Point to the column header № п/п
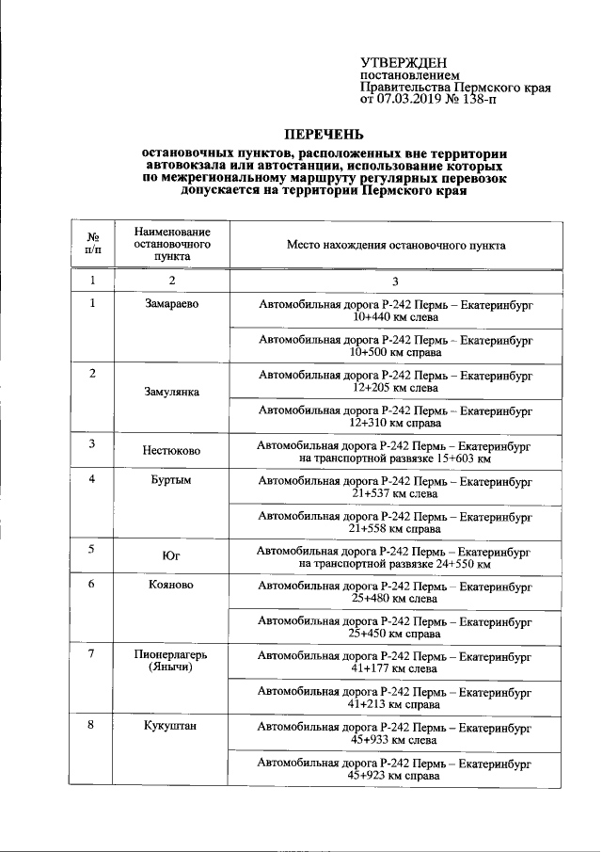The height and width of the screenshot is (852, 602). (x=93, y=244)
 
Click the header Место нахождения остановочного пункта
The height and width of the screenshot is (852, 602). (x=395, y=245)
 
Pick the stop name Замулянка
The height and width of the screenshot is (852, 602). (x=172, y=392)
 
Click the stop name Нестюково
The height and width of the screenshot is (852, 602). (x=172, y=451)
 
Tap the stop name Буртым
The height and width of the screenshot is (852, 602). (x=172, y=480)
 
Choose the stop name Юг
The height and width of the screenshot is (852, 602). (x=172, y=556)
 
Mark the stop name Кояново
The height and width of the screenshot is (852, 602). (x=172, y=585)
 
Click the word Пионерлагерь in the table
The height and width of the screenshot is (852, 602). (x=172, y=654)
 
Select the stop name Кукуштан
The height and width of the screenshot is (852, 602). (x=172, y=727)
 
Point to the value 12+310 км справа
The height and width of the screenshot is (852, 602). (x=395, y=423)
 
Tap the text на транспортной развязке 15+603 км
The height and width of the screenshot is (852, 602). (x=395, y=458)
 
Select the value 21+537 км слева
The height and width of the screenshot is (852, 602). (x=395, y=492)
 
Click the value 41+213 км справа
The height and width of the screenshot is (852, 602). (x=395, y=703)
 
